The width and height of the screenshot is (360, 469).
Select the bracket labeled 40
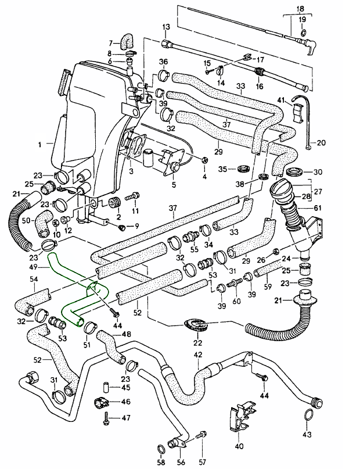point(239,418)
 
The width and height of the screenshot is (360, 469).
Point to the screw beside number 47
point(108,417)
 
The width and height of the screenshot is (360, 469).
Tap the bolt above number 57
point(203,434)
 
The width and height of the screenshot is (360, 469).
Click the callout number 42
point(198,355)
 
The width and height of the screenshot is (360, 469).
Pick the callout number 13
point(165,27)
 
